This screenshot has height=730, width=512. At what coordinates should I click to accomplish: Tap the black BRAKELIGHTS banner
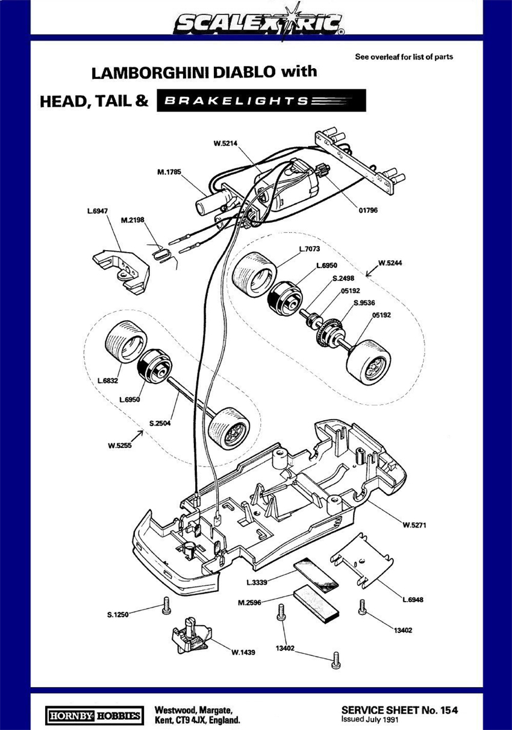261,101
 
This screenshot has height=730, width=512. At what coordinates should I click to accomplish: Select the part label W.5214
225,143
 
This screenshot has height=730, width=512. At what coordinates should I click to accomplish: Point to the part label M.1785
169,172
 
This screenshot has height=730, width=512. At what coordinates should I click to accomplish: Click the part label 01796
368,210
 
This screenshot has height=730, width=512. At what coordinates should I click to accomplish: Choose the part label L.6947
98,211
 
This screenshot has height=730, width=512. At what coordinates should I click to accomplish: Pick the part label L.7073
310,248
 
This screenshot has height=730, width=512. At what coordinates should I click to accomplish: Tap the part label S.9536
364,303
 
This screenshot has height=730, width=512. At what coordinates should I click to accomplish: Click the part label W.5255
120,445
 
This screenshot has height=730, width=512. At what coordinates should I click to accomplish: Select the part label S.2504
160,424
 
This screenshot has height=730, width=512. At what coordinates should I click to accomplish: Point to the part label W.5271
414,524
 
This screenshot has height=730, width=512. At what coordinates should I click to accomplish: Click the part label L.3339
257,582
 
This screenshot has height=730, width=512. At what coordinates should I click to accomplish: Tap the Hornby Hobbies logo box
94,706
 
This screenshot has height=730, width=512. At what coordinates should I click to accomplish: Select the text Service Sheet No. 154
399,700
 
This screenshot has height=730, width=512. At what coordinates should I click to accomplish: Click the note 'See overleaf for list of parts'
404,57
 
